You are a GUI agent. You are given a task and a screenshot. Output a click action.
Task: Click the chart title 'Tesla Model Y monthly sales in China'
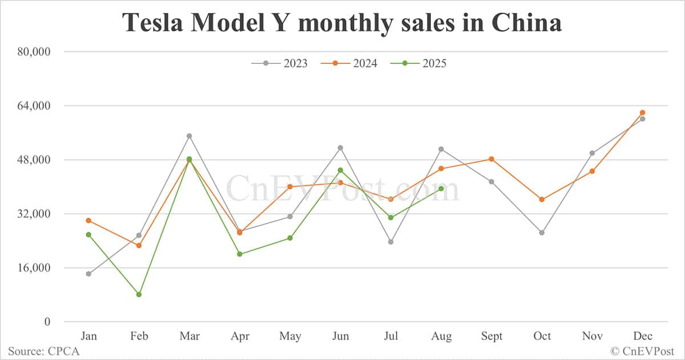click(342, 22)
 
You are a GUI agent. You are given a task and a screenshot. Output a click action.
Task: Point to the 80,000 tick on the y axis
click(35, 52)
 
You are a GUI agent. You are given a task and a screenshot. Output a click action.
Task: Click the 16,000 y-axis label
click(35, 268)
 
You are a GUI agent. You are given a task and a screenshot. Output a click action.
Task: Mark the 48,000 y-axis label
click(35, 160)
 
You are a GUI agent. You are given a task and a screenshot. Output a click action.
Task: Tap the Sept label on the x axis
click(491, 336)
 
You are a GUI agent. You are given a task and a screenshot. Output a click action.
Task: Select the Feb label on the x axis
click(139, 336)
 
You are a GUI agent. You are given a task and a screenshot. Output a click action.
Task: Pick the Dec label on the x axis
click(642, 336)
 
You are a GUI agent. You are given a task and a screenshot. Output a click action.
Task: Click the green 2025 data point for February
click(139, 294)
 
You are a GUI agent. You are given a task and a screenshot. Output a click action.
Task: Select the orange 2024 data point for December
click(642, 112)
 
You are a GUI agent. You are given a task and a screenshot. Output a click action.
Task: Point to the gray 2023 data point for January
click(88, 274)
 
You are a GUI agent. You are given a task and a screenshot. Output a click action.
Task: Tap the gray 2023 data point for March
click(189, 136)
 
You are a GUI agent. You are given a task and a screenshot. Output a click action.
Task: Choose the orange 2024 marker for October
click(542, 200)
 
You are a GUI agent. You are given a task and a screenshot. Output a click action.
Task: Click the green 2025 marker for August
click(441, 188)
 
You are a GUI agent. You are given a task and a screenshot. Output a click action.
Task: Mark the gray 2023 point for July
click(390, 242)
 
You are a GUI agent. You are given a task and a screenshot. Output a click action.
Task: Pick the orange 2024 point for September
click(491, 159)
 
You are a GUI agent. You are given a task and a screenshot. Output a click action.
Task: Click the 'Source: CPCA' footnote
click(43, 351)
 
